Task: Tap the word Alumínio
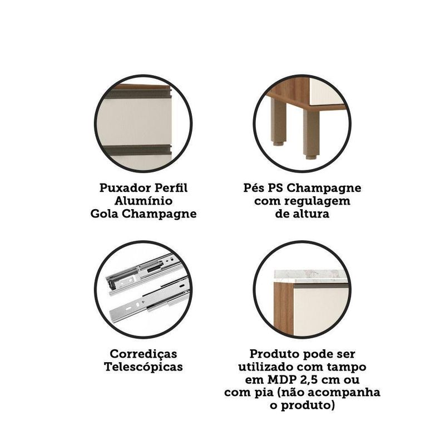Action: click(144, 201)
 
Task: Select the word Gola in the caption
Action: click(104, 214)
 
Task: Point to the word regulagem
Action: click(317, 201)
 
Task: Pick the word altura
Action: click(311, 214)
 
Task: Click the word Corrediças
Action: click(144, 354)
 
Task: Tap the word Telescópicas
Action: click(144, 367)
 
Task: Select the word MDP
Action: click(281, 379)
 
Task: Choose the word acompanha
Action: click(344, 393)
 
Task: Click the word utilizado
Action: click(266, 367)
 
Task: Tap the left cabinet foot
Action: click(278, 122)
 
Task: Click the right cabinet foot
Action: click(311, 134)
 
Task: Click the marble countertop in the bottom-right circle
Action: click(311, 276)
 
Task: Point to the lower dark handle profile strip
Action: click(138, 150)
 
